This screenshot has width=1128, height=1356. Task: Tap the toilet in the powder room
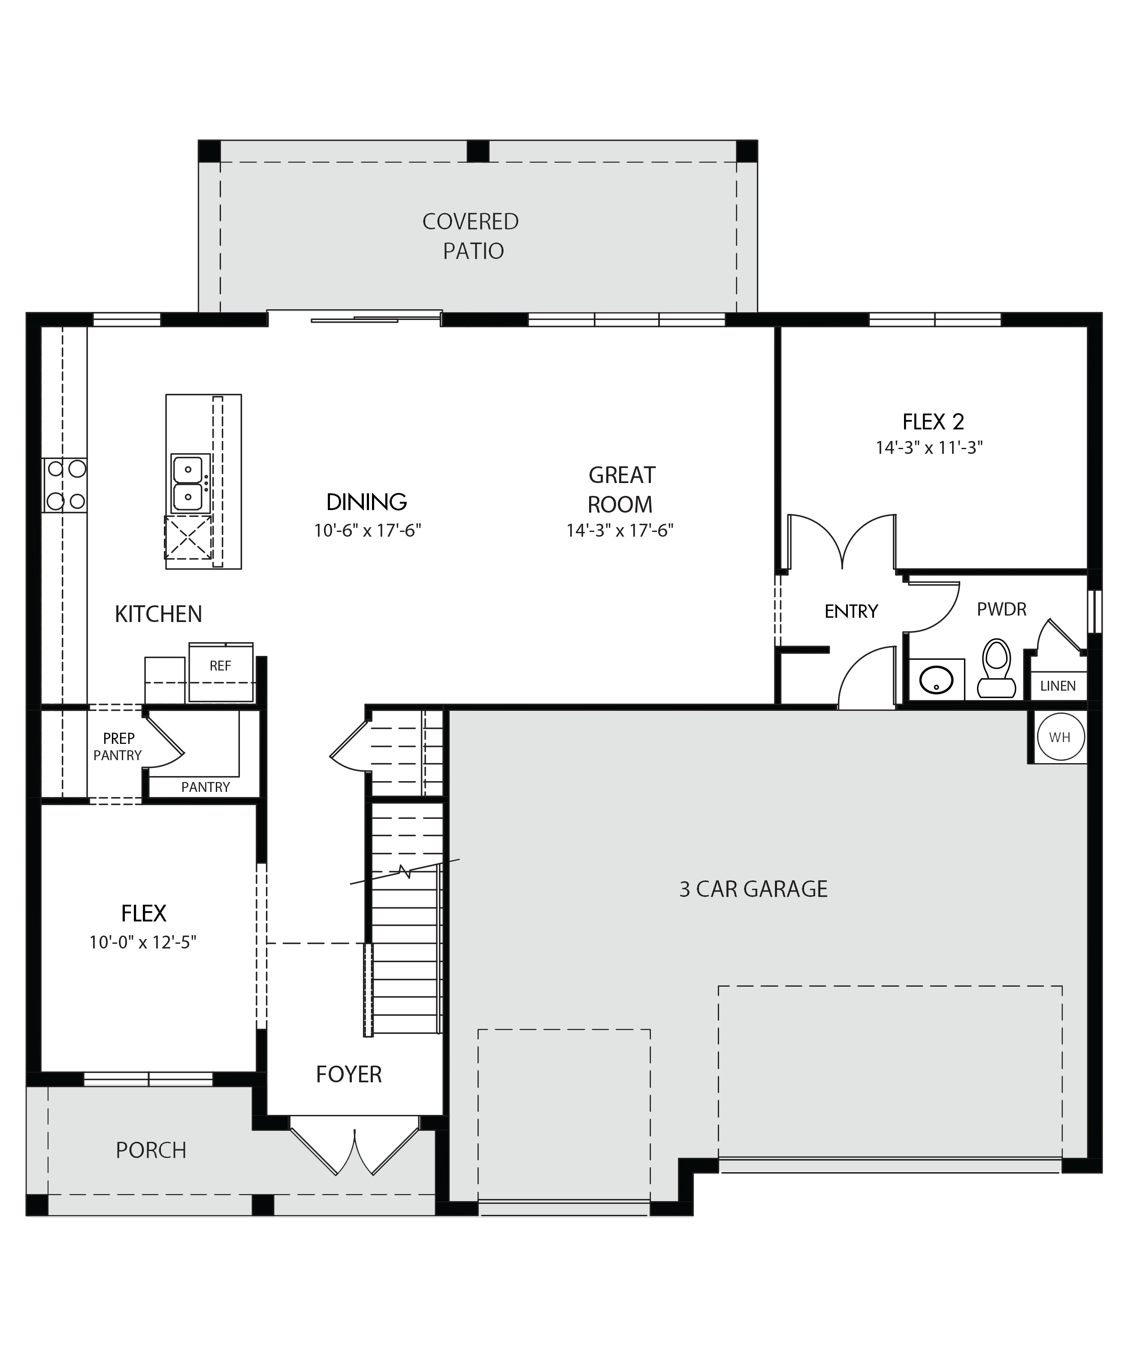tap(996, 668)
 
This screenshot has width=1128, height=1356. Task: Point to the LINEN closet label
tap(1058, 686)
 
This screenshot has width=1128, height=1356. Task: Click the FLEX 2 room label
tap(933, 422)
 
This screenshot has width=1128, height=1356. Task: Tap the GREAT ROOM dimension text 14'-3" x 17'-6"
tap(620, 530)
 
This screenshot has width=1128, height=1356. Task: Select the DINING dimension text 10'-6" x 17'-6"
tap(367, 530)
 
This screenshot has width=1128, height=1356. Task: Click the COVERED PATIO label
tap(471, 236)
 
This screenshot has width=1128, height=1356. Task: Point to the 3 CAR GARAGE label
tap(753, 889)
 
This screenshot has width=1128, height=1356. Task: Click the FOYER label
tap(349, 1074)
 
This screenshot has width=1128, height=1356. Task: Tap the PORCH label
tap(151, 1150)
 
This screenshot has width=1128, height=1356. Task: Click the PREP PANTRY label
tap(118, 746)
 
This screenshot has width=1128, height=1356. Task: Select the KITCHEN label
tap(158, 614)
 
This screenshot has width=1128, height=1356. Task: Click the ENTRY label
tap(851, 611)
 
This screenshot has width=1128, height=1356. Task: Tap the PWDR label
tap(1001, 609)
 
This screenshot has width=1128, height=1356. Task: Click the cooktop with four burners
tap(64, 485)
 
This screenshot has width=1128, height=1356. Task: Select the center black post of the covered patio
tap(478, 151)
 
